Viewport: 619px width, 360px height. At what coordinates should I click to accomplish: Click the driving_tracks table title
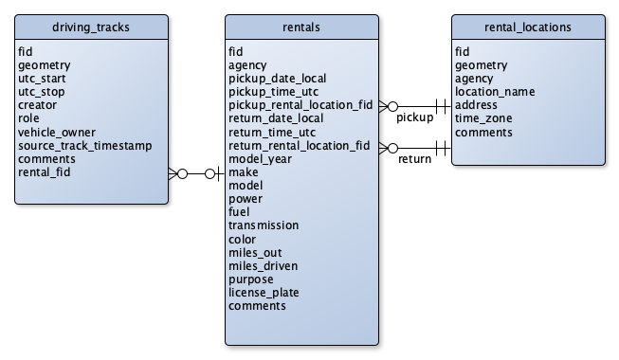[x=92, y=27]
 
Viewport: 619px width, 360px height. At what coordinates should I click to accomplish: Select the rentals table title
[x=301, y=27]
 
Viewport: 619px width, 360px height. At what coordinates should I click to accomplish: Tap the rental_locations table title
[x=526, y=27]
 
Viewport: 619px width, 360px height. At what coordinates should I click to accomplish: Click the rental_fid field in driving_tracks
[x=44, y=172]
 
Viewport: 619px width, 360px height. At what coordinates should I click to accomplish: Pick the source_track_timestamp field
[x=84, y=146]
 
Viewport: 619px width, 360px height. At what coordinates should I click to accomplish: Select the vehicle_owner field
[x=57, y=132]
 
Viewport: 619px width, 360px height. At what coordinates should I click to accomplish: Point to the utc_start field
[x=43, y=79]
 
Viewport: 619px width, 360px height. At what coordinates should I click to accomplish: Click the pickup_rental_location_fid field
[x=300, y=105]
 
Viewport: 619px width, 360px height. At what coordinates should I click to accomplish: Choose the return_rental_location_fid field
[x=300, y=146]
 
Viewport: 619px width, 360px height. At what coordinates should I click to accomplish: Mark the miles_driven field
[x=262, y=266]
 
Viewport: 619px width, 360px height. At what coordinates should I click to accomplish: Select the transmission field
[x=264, y=225]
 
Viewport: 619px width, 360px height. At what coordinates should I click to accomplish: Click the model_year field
[x=259, y=159]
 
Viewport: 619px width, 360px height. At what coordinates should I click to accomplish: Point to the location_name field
[x=495, y=92]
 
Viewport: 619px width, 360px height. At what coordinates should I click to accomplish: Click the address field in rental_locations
[x=477, y=105]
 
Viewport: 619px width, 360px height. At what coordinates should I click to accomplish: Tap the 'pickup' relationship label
[x=414, y=118]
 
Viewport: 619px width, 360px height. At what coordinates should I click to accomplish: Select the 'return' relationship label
[x=414, y=159]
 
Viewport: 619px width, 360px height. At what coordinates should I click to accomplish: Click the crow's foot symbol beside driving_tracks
[x=176, y=173]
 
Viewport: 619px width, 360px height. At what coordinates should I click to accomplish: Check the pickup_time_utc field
[x=273, y=92]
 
